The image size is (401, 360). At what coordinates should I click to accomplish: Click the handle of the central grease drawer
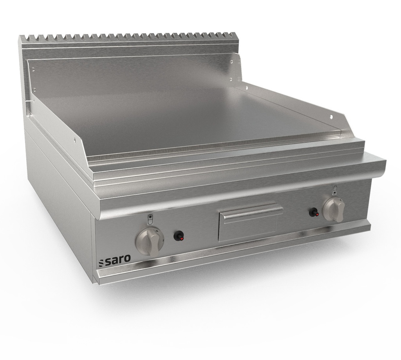click(251, 213)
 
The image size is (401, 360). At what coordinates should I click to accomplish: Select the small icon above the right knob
click(334, 190)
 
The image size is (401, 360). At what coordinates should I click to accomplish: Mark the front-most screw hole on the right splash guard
click(330, 117)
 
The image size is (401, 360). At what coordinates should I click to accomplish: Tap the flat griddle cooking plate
click(188, 117)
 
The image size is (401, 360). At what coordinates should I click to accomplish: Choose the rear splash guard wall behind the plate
click(133, 74)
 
